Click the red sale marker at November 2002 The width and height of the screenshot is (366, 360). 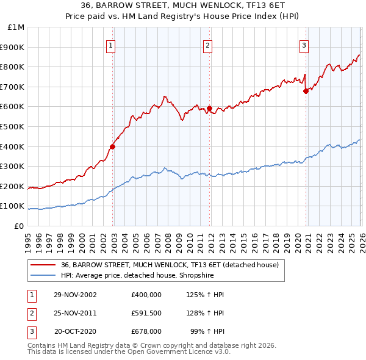click(113, 146)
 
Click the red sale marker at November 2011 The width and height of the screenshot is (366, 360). click(209, 108)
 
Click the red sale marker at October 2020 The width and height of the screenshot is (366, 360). click(306, 91)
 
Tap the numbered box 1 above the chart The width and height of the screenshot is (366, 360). click(111, 45)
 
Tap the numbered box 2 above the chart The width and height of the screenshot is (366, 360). click(208, 45)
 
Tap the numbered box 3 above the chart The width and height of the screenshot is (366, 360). click(304, 45)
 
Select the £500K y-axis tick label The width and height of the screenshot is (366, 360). click(13, 127)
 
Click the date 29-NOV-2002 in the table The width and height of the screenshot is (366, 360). click(75, 295)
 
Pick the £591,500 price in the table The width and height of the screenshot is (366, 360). click(146, 313)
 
